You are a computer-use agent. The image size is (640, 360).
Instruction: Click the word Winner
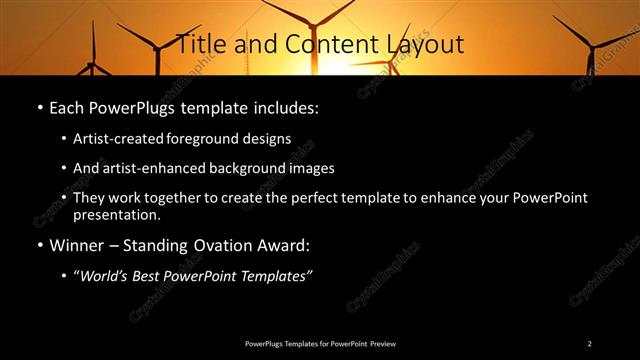(x=78, y=245)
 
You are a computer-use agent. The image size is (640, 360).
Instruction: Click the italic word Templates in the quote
(x=275, y=276)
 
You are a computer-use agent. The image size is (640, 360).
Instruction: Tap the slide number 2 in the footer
(x=589, y=343)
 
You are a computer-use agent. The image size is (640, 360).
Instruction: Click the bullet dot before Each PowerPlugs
(x=38, y=106)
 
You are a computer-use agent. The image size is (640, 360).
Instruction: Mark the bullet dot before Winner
(x=38, y=245)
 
